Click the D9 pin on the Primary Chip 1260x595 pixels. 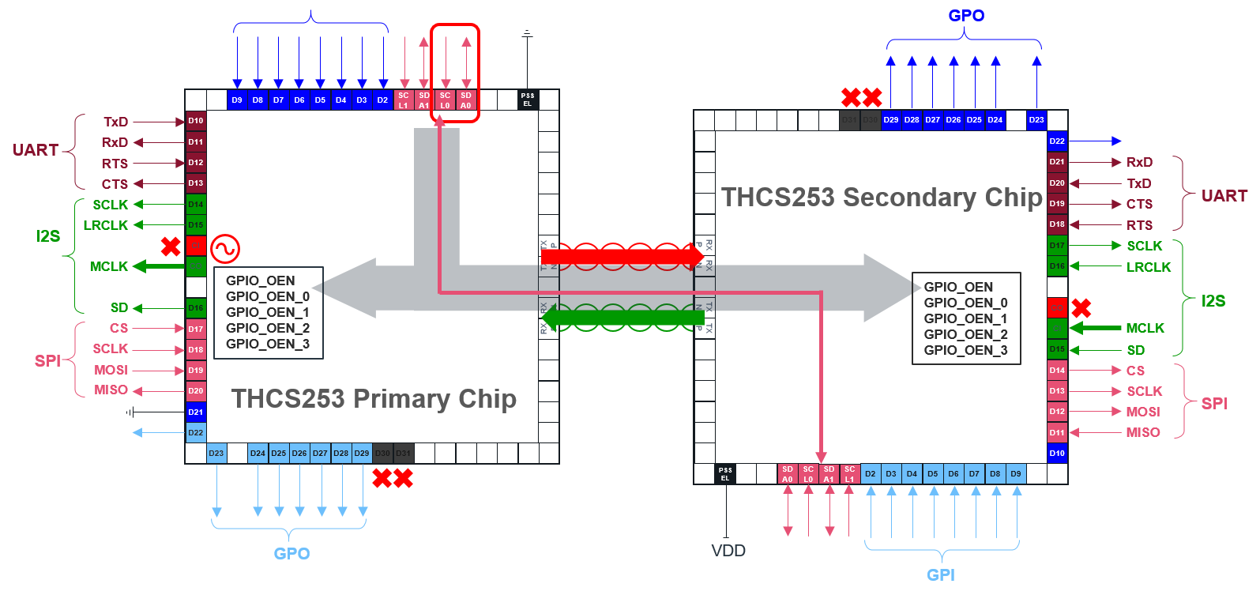[x=237, y=100]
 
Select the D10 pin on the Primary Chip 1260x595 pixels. [x=196, y=121]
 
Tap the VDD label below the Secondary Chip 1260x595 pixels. [x=728, y=551]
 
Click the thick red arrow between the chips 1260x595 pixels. [x=622, y=256]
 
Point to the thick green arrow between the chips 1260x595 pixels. [x=624, y=318]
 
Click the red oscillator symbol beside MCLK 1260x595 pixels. [x=225, y=249]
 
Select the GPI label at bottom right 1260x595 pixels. [x=940, y=574]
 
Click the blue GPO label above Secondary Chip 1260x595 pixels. [x=966, y=16]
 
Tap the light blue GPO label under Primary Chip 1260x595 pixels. [x=291, y=553]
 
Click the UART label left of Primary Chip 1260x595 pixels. [x=36, y=150]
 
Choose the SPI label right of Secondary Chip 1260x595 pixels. [x=1214, y=404]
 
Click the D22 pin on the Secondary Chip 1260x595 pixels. [x=1057, y=141]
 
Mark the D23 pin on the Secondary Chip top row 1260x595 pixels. [x=1036, y=120]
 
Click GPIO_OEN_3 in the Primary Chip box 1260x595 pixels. [x=267, y=344]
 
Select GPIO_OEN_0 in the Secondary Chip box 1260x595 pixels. [x=965, y=303]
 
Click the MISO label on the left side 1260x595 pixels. [x=111, y=390]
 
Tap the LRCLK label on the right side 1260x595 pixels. [x=1149, y=267]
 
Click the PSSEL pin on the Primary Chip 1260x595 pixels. [x=528, y=100]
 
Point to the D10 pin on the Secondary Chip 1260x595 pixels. [x=1057, y=453]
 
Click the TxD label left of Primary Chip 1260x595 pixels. [x=115, y=122]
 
